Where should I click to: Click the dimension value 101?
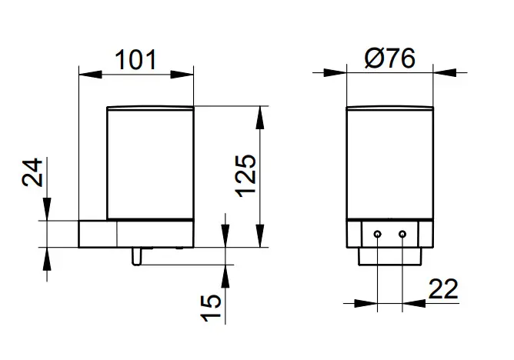tap(135, 60)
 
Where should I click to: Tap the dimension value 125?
tap(246, 176)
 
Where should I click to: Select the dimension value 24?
tap(32, 172)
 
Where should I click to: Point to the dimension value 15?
tap(210, 308)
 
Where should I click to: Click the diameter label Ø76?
tap(390, 58)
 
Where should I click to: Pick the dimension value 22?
tap(443, 289)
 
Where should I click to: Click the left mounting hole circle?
tap(378, 234)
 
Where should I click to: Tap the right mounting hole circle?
tap(402, 234)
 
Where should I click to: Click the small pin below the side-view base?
tap(136, 256)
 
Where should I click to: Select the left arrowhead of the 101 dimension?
tap(90, 75)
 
